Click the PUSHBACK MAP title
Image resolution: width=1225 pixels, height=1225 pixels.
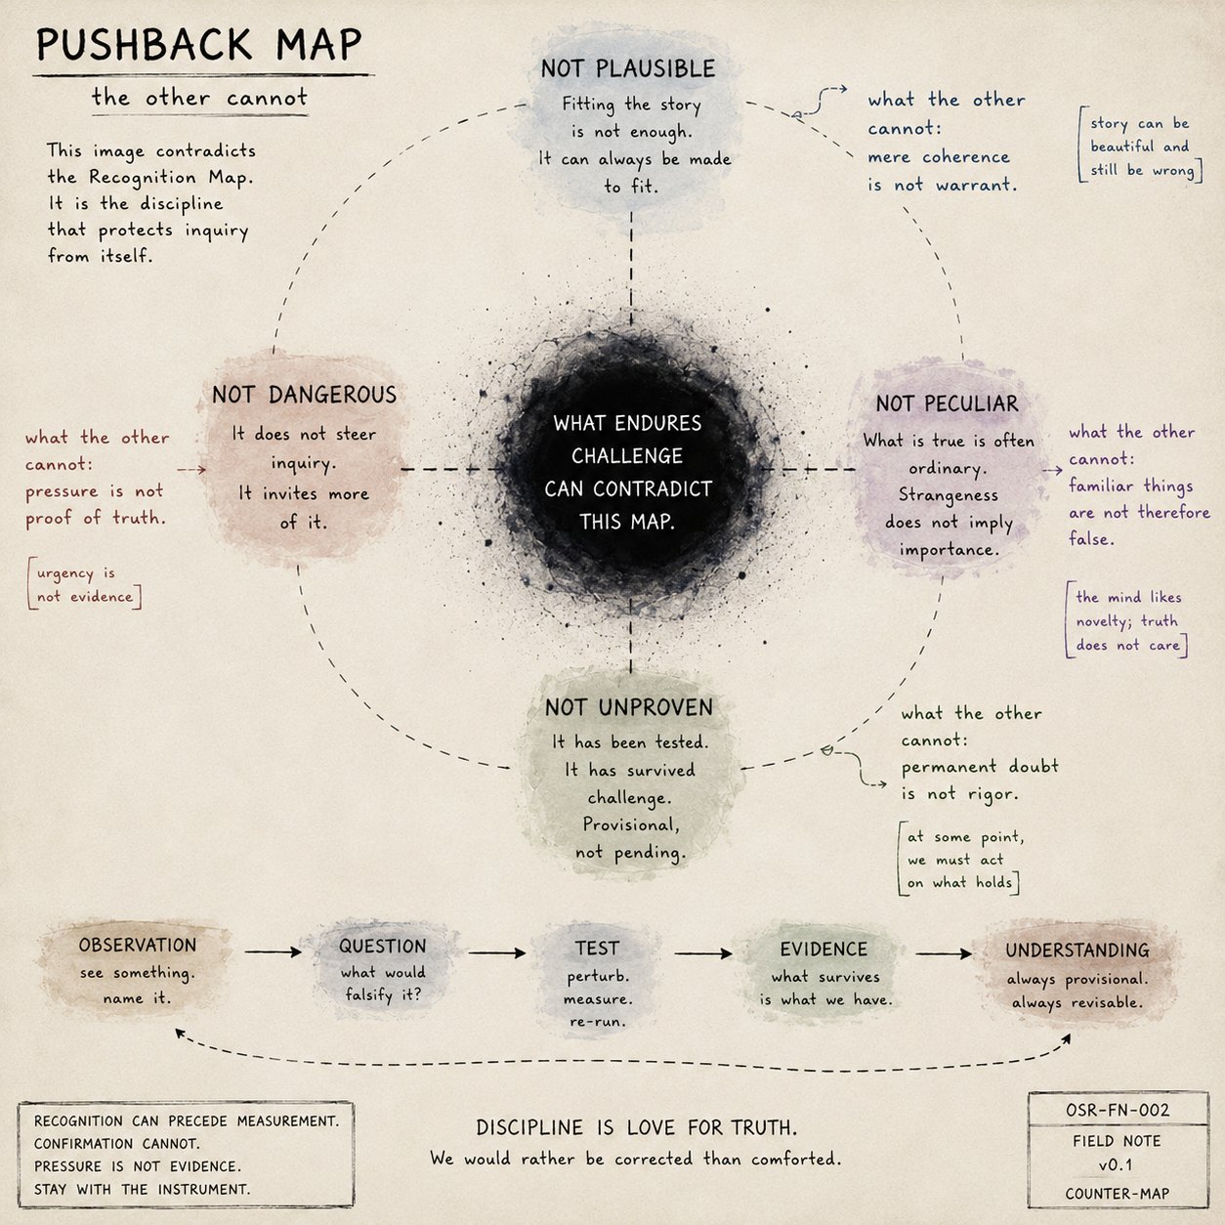(x=199, y=45)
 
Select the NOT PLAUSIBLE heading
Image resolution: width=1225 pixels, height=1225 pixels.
(x=628, y=68)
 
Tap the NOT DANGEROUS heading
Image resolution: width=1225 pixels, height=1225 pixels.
(x=305, y=395)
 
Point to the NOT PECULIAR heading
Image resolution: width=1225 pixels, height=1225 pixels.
(x=948, y=403)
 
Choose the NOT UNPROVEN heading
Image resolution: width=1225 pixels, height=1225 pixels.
(x=629, y=707)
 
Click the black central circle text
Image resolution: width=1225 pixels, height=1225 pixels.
(x=627, y=473)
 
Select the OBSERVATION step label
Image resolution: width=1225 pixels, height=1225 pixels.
(x=138, y=946)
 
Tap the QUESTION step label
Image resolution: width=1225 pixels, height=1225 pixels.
(x=383, y=947)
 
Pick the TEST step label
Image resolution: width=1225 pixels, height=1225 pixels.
(x=598, y=949)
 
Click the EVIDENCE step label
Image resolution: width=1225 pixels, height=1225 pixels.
(x=824, y=950)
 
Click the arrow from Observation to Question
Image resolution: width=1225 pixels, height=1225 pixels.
(x=274, y=951)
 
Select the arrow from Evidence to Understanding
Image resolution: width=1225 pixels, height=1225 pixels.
(x=944, y=953)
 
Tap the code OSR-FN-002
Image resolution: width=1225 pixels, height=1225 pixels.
(x=1118, y=1110)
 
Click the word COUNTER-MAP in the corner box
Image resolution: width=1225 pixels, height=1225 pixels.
(x=1118, y=1194)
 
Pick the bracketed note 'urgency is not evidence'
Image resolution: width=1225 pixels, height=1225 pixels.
(x=85, y=584)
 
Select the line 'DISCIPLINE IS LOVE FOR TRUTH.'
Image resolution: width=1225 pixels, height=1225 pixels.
(x=636, y=1127)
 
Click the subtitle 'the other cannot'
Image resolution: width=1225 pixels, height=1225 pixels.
(x=199, y=98)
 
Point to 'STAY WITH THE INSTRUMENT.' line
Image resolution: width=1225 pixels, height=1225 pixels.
(x=143, y=1189)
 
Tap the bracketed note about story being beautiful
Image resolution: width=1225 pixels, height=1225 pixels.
(x=1140, y=147)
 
